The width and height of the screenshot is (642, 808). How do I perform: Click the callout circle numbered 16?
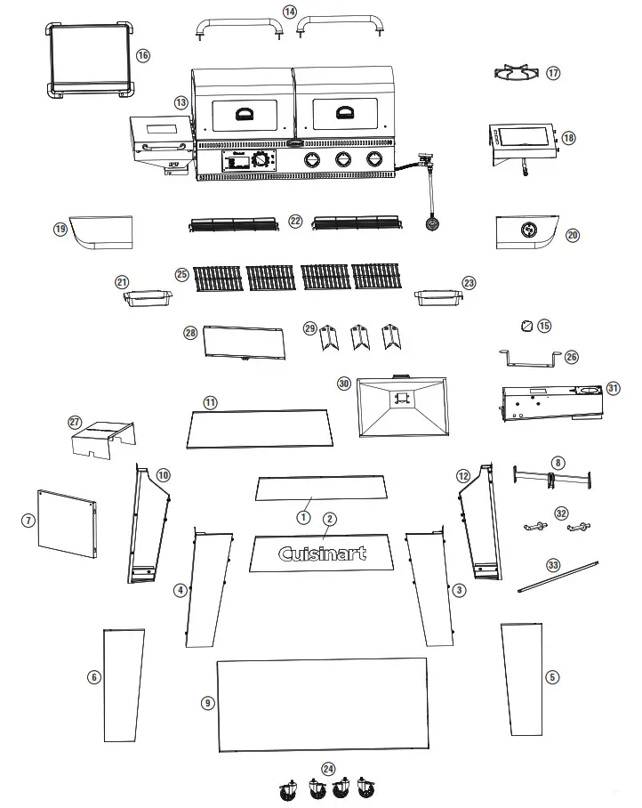143,55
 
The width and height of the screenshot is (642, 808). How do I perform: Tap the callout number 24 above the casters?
328,767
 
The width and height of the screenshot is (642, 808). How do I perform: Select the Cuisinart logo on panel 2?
322,553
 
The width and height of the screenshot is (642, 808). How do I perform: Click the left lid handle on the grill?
244,112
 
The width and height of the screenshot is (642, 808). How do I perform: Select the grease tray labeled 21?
148,298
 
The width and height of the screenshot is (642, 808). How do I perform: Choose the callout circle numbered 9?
207,703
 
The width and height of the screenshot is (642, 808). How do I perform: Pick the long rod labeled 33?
558,576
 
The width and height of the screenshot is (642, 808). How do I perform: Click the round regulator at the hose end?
432,224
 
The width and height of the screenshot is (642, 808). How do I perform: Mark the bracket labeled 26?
531,358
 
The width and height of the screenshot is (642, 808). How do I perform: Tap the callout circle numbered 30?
344,384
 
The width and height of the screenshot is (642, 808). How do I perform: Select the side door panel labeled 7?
67,523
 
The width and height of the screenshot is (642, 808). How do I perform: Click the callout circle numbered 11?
210,402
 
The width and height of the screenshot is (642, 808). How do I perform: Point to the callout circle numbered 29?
309,327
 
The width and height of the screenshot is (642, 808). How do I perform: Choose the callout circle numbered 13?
181,103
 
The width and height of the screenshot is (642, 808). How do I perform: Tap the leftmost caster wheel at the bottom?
288,788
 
